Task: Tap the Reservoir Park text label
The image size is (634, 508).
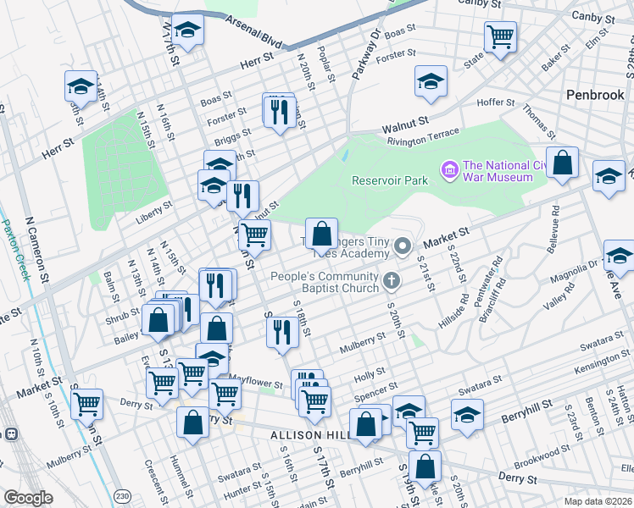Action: [391, 179]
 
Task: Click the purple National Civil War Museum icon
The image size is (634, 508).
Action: [449, 172]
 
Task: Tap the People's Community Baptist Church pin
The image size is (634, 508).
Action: [391, 279]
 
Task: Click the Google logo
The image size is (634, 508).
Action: [28, 498]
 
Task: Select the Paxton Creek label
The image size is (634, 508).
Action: [14, 251]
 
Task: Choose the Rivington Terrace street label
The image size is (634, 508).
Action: [423, 137]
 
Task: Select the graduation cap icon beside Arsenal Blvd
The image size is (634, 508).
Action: [187, 31]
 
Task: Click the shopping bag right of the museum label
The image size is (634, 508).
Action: [562, 162]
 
